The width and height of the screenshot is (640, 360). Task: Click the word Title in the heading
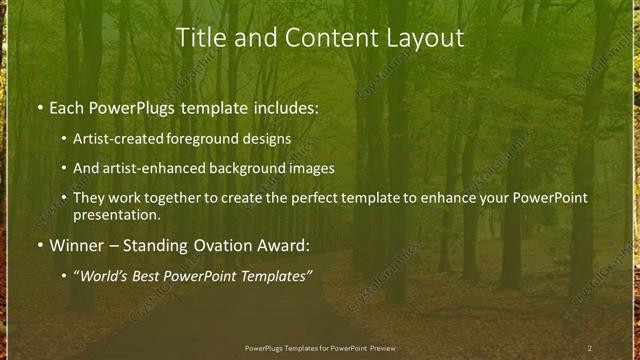click(x=200, y=38)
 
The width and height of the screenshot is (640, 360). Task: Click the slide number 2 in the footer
click(x=589, y=347)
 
